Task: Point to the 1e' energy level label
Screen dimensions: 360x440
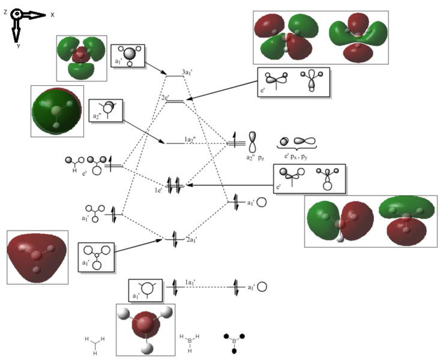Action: point(158,190)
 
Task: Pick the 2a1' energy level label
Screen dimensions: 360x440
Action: point(192,240)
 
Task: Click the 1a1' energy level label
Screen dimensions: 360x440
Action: point(191,281)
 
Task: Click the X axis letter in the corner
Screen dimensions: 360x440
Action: point(52,14)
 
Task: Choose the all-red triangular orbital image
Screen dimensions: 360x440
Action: point(37,256)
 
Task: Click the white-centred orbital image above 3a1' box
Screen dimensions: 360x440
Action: point(82,58)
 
